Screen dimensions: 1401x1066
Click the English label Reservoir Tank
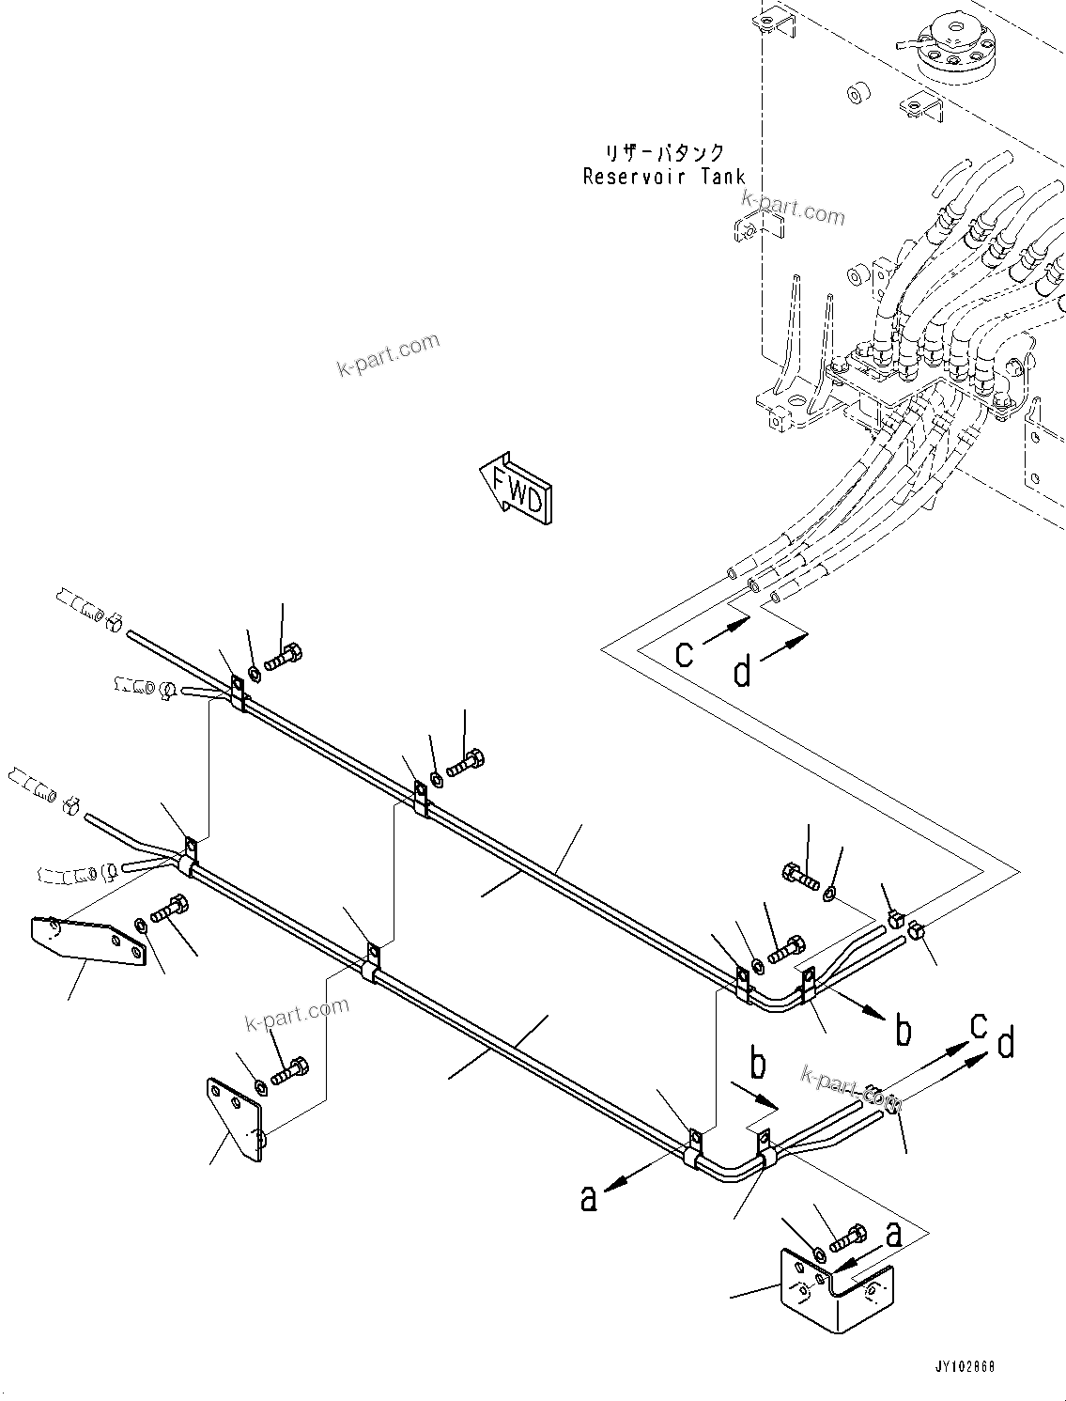[x=663, y=176]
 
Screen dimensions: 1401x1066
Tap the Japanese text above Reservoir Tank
[x=665, y=152]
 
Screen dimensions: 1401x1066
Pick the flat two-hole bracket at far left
[x=89, y=941]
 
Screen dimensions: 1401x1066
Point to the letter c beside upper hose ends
[x=685, y=652]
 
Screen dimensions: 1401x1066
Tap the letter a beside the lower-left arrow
[x=589, y=1198]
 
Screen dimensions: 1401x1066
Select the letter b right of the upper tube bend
[x=903, y=1030]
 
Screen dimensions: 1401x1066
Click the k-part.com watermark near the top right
[x=794, y=208]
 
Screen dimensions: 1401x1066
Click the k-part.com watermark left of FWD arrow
[x=388, y=354]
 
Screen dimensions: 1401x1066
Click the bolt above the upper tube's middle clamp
[x=464, y=762]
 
